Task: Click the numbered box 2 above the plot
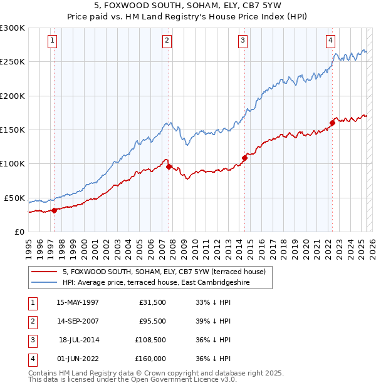point(167,41)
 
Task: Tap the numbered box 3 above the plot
point(243,41)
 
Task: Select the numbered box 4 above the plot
point(330,41)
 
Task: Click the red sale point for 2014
point(244,158)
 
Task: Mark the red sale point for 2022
point(332,123)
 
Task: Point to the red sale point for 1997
point(55,210)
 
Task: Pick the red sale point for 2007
point(169,166)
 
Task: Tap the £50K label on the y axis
point(14,198)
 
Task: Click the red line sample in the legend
point(44,272)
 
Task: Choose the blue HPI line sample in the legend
point(44,282)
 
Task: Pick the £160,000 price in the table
point(150,359)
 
